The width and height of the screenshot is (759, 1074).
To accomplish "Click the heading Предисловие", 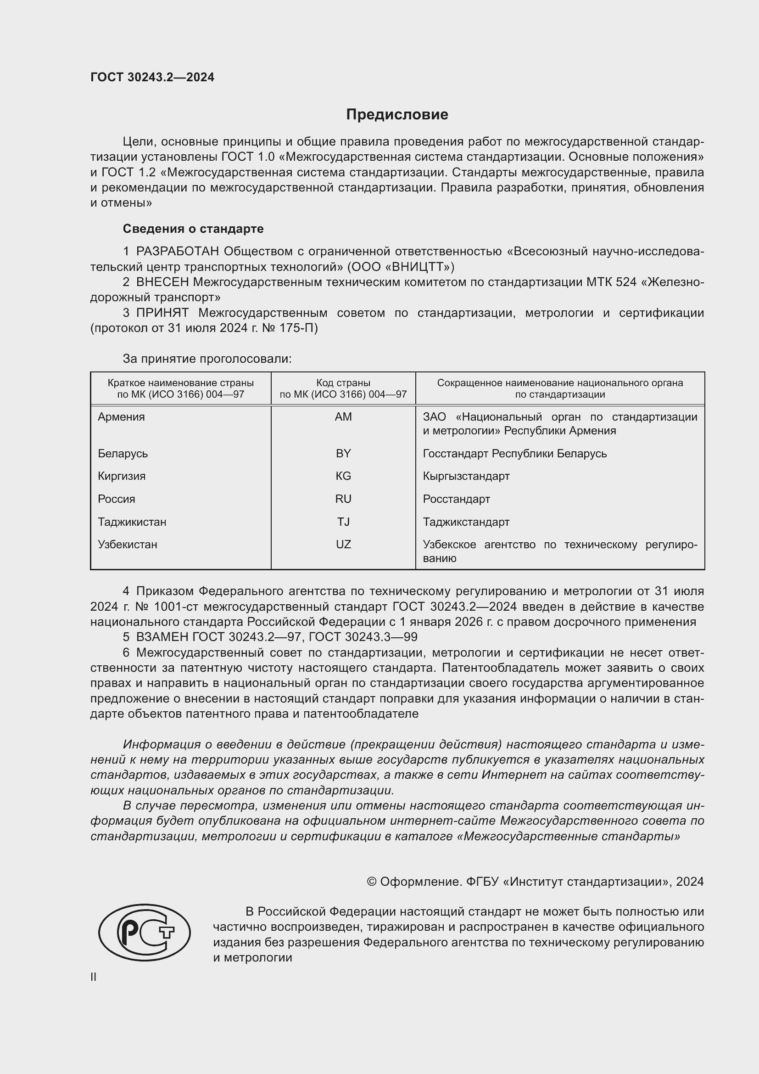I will coord(397,115).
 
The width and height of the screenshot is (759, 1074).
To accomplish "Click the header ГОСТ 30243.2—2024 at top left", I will coord(152,78).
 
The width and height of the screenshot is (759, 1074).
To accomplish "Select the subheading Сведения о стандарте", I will coord(193,229).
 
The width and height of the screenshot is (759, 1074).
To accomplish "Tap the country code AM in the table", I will coord(343,417).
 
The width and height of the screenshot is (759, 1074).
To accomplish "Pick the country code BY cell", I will coord(343,453).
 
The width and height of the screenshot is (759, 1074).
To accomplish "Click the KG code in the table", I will coord(343,476).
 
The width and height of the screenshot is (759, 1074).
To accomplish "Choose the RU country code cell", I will coord(343,499).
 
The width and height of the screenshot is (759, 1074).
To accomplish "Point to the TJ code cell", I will coord(343,522).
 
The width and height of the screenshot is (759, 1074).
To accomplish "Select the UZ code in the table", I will coord(343,545).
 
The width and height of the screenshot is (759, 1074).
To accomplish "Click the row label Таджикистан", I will coord(132,522).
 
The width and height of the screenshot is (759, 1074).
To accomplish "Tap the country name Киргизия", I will coord(122,476).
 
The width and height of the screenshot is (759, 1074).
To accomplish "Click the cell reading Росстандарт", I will coord(456,499).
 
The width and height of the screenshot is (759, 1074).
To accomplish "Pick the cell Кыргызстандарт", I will coord(466,476).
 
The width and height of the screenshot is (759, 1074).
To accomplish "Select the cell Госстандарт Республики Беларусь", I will coord(514,453).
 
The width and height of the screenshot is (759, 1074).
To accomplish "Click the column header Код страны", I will coord(343,383).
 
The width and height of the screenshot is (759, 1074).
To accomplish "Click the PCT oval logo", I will coord(145,932).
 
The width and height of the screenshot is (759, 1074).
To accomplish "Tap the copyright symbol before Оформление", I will coord(372,882).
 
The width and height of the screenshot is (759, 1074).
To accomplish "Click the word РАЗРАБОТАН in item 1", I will coord(177,252).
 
